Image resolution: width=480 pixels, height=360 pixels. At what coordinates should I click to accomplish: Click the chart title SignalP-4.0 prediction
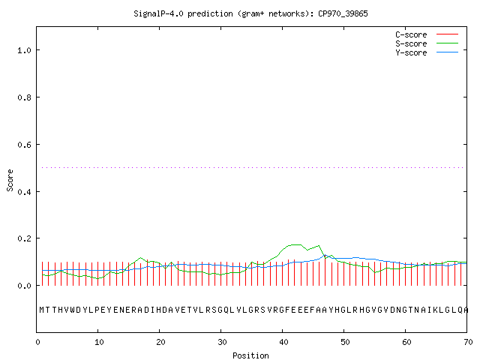tap(183, 13)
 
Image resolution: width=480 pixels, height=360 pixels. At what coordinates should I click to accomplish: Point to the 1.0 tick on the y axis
tap(24, 50)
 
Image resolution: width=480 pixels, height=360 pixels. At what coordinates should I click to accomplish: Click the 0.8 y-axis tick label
tap(24, 97)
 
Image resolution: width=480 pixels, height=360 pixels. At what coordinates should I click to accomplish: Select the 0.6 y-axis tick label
tap(24, 145)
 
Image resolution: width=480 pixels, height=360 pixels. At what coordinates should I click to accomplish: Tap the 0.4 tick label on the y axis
tap(24, 192)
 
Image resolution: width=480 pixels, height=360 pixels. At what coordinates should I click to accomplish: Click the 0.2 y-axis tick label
tap(24, 238)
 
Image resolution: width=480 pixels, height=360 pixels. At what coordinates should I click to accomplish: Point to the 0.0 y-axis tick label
tap(24, 286)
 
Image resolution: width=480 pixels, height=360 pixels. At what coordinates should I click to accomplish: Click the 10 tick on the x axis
tap(99, 342)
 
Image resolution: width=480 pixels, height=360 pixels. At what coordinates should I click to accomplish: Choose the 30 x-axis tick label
tap(222, 342)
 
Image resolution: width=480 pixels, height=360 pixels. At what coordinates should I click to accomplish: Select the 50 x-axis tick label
tap(345, 342)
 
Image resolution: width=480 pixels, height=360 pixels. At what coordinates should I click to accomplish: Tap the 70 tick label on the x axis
tap(468, 342)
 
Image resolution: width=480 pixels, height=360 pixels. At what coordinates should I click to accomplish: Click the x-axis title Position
tap(250, 355)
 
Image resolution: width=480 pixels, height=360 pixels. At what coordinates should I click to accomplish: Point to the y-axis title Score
tap(10, 180)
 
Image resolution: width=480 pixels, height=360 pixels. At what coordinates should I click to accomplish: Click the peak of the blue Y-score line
tap(325, 255)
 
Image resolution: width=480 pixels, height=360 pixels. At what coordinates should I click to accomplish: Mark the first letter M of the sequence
tap(42, 310)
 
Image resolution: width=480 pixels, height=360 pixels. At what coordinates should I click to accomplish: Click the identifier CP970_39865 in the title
tap(343, 13)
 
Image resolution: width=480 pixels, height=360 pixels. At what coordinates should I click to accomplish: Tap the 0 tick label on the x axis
tap(37, 342)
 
